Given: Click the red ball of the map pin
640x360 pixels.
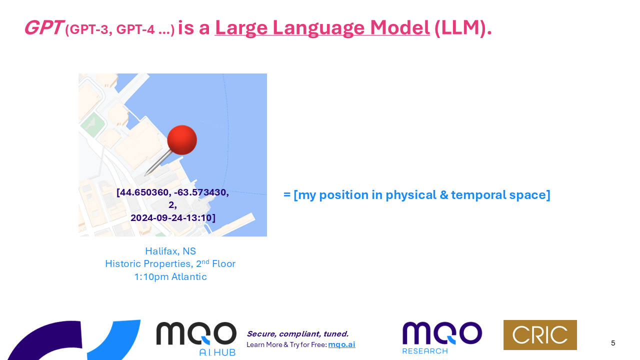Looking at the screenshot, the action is point(182,140).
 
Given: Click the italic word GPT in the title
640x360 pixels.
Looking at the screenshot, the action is point(44,27).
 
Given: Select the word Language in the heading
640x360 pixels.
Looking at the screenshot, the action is point(318,28).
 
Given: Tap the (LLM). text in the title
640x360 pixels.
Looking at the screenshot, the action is point(463,28).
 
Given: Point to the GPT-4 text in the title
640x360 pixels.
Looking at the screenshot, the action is point(135,29).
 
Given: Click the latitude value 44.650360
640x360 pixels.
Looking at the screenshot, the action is point(143,192).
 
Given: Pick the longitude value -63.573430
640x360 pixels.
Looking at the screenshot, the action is point(201,192).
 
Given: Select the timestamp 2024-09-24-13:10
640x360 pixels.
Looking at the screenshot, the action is point(171,218).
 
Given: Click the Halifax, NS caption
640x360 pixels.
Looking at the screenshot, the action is point(170,251).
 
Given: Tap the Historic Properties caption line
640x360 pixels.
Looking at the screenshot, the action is point(170,263).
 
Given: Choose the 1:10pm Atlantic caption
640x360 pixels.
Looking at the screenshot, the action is point(170,277).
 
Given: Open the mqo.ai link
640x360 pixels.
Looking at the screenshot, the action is point(341,344).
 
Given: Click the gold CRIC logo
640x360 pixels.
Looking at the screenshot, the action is point(540,335).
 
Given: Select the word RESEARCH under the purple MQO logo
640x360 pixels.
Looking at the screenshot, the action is point(425,351).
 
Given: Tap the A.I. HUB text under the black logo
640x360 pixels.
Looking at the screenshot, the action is point(217,352).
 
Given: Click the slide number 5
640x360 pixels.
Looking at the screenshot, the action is point(613,343).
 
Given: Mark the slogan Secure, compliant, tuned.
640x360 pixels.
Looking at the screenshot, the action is point(297,333).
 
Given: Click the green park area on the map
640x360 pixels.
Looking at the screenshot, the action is point(92,125).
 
